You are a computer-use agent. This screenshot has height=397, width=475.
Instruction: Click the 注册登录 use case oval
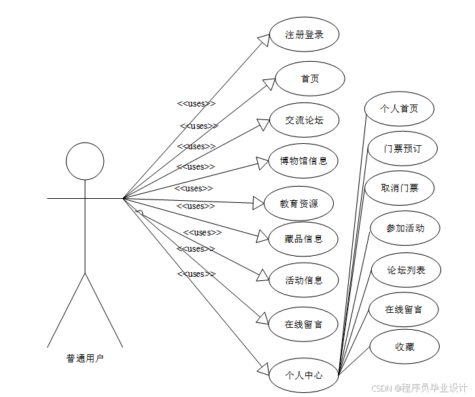303,35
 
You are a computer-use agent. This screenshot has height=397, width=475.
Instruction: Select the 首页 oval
310,79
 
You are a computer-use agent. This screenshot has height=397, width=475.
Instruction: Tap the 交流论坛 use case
304,121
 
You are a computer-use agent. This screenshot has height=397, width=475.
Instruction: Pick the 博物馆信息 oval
303,162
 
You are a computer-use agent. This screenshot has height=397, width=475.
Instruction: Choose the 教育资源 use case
299,203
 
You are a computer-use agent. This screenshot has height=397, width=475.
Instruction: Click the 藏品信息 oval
303,239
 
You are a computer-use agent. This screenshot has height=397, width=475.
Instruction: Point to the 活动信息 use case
303,280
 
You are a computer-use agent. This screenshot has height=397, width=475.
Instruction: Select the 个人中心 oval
303,375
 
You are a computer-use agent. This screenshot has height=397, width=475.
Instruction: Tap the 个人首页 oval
399,109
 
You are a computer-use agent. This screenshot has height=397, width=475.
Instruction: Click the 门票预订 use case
402,149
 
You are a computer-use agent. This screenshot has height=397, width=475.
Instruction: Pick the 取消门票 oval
400,188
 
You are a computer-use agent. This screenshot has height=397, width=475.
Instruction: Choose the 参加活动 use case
405,228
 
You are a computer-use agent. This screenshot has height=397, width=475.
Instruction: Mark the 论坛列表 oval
406,270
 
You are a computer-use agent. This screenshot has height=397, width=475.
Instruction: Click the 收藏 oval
404,347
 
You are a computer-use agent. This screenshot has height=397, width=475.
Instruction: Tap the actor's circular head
85,162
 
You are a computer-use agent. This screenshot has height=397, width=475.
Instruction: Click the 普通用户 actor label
85,358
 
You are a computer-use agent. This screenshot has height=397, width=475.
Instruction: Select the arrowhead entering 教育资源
257,202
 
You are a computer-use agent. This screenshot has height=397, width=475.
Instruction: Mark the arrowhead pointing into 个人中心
265,371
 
